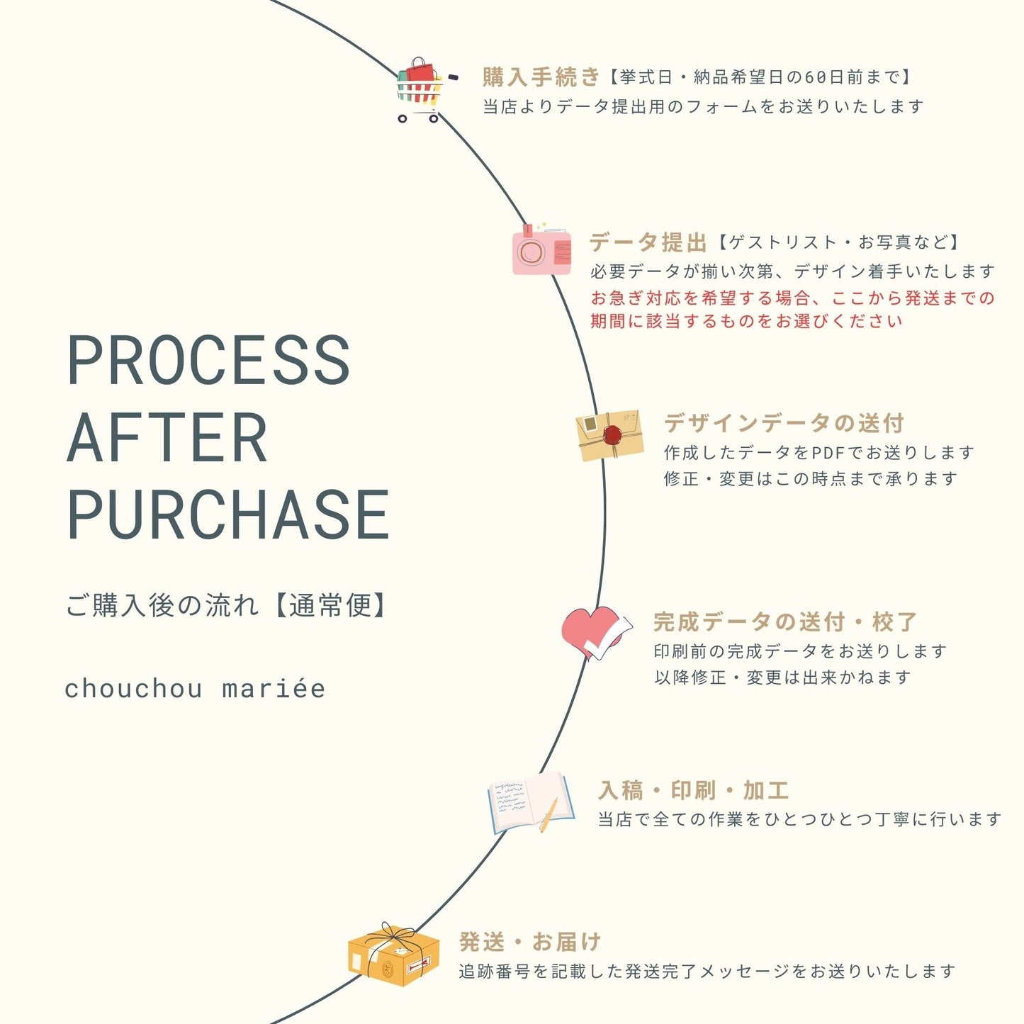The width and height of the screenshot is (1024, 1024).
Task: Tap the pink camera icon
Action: pos(541,250)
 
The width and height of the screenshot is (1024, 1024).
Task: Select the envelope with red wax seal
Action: pos(610,435)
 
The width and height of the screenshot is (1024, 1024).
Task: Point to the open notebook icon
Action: pos(530,802)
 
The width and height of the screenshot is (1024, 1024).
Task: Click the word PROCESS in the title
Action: pos(208,360)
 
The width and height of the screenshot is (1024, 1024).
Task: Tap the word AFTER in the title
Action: pos(167,438)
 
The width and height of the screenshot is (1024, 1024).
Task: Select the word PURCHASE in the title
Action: pos(228,515)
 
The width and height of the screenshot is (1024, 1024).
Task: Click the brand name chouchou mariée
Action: pos(195,689)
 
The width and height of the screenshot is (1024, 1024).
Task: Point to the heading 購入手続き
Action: pos(541,77)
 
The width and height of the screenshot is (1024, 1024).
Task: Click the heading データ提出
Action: pos(648,242)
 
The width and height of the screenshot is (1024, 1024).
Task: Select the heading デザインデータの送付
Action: pos(784,423)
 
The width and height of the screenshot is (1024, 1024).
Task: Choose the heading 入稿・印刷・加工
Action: pos(694,790)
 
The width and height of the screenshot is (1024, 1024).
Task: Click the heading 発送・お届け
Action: pos(530,942)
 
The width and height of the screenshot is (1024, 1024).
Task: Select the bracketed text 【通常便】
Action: pos(330,606)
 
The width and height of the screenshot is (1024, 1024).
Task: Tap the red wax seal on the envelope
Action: pos(612,434)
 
